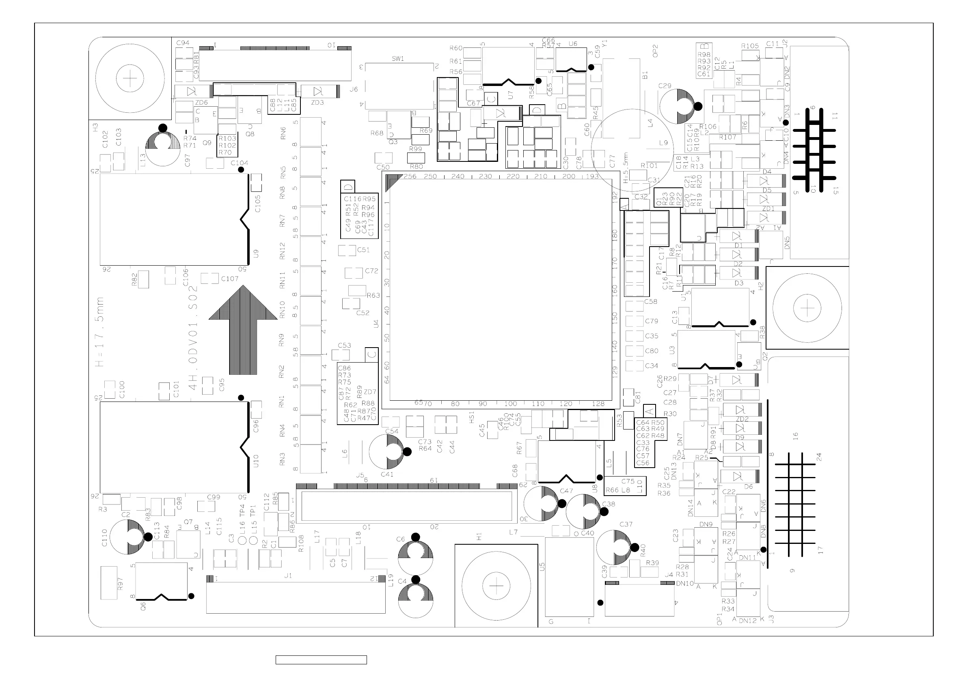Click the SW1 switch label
(x=397, y=59)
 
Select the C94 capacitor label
(x=183, y=43)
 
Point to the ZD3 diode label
(x=317, y=103)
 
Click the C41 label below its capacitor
(x=386, y=474)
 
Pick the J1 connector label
(x=288, y=576)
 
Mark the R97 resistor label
(x=120, y=583)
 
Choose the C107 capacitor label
(x=230, y=279)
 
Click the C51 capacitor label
(x=363, y=250)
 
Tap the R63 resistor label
(x=373, y=295)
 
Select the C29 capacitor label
(x=665, y=86)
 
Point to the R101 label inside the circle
(x=649, y=166)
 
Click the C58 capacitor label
(x=651, y=302)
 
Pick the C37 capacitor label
(x=626, y=524)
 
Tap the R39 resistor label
(x=652, y=563)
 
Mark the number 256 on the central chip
(x=410, y=176)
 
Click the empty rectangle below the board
(x=321, y=660)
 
